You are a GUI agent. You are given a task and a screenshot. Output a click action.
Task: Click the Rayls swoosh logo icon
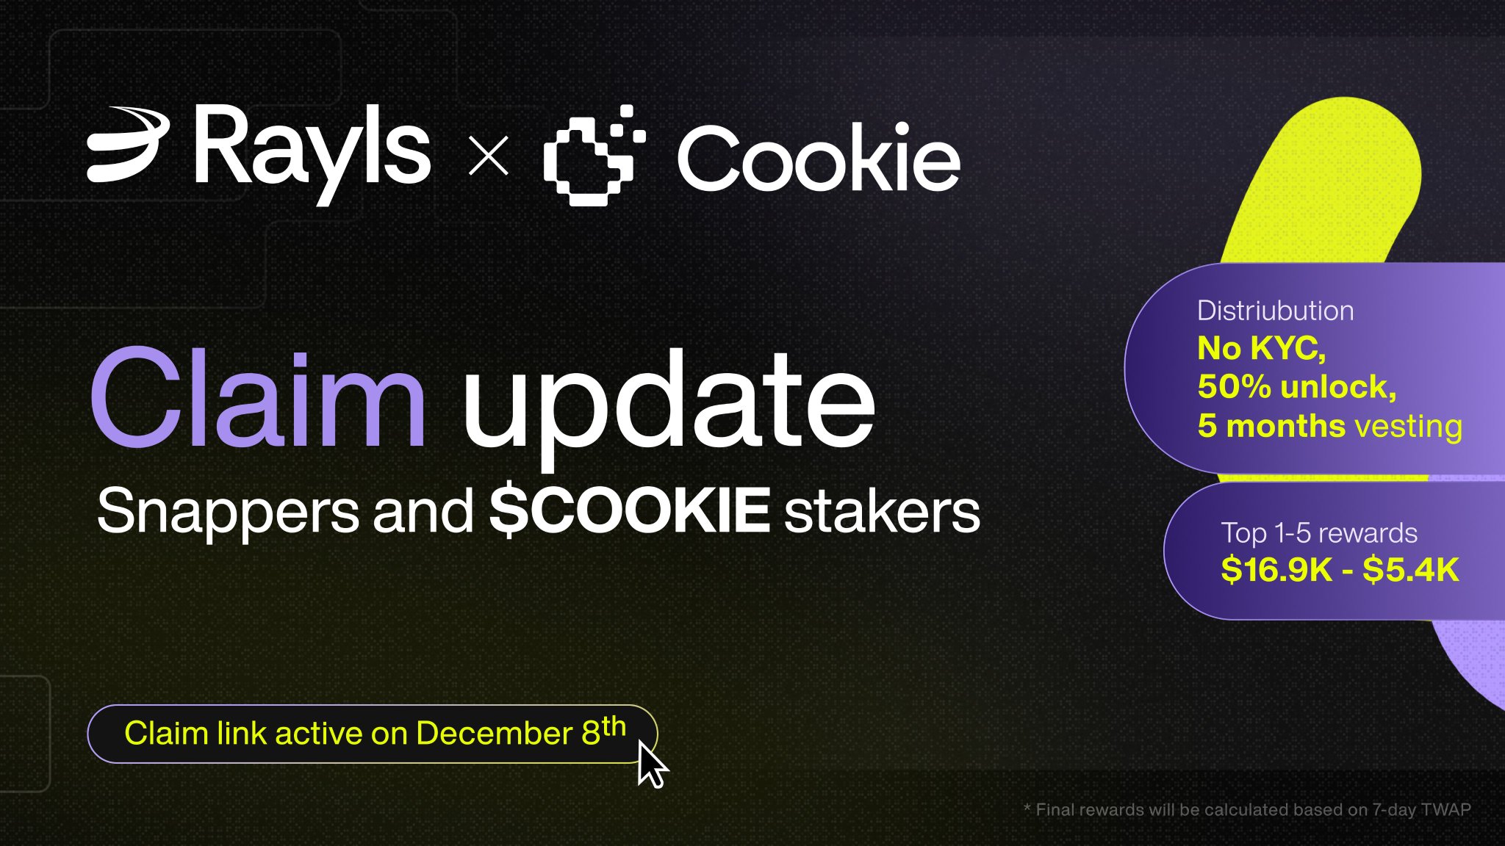coord(126,145)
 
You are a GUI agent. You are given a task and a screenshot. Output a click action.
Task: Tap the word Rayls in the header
coord(312,152)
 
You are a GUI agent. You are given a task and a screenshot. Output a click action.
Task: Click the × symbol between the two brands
coord(489,156)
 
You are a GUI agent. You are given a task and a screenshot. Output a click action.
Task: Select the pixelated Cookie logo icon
coord(594,155)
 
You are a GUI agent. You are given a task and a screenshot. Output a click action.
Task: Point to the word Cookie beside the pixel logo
coord(819,157)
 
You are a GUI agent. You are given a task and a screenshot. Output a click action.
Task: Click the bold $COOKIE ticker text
coord(630,510)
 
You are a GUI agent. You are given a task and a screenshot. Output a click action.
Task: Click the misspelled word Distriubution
coord(1275,311)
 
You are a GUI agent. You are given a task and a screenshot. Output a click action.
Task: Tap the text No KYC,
coord(1262,349)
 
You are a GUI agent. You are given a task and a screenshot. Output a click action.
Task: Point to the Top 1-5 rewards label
coord(1319,532)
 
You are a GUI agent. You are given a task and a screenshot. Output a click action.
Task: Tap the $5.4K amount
coord(1411,570)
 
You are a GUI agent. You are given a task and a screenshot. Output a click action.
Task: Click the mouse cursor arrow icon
coord(652,764)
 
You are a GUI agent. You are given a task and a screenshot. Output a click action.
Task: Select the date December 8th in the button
coord(521,731)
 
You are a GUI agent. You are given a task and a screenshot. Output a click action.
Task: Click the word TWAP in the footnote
coord(1445,809)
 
